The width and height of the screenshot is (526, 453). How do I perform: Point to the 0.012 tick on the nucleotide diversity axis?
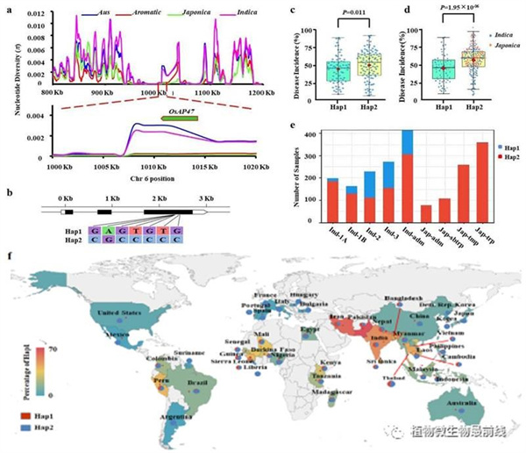[x=39, y=18]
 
